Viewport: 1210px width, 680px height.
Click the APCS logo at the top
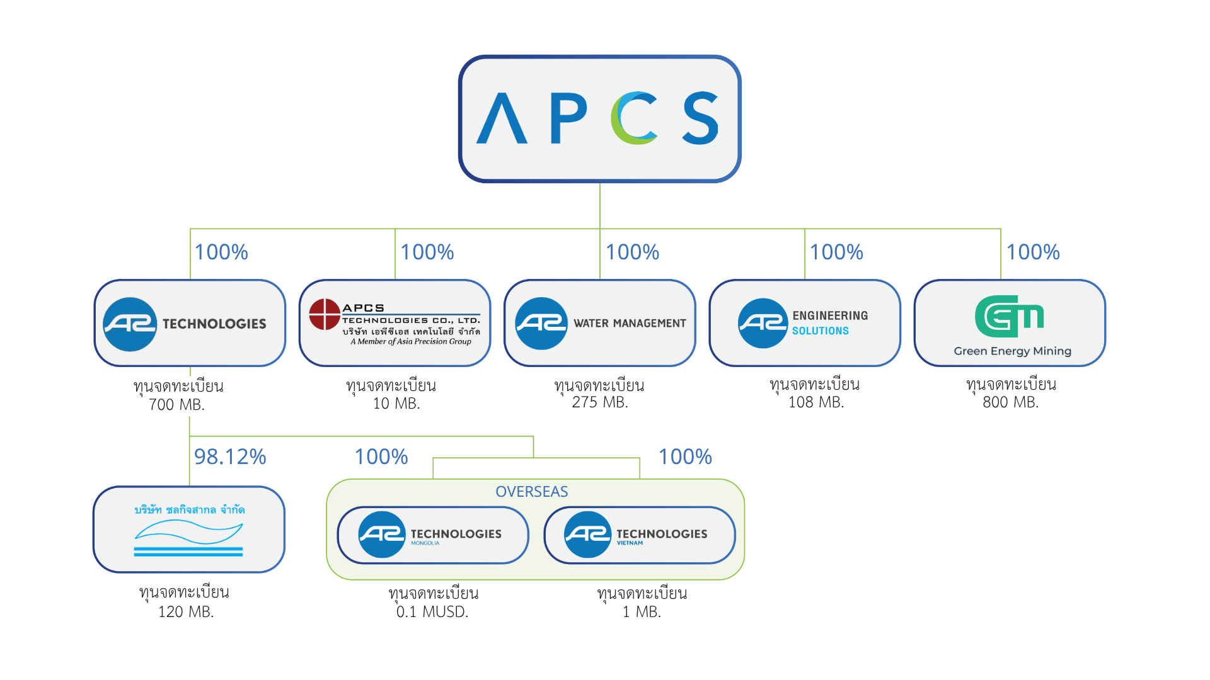point(599,118)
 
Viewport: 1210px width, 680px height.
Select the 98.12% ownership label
point(230,456)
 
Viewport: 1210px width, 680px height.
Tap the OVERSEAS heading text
point(531,492)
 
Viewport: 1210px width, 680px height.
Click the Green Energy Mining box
point(1010,323)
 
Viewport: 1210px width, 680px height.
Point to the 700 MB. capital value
point(176,405)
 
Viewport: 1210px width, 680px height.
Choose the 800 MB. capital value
point(1010,402)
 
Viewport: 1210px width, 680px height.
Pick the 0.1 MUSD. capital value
point(432,611)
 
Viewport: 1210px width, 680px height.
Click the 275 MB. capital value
point(600,402)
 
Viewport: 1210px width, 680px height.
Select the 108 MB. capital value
point(816,402)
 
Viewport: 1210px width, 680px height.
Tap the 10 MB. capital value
point(396,404)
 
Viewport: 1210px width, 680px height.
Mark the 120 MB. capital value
point(186,611)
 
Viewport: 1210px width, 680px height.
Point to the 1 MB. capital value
point(642,611)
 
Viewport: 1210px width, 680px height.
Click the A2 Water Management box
point(600,323)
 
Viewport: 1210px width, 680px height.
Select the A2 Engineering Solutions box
point(805,323)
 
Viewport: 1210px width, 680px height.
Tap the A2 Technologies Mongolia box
point(433,535)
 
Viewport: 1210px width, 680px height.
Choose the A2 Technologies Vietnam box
point(640,535)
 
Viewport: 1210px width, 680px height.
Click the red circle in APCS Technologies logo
point(325,314)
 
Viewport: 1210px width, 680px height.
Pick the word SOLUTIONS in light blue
point(821,331)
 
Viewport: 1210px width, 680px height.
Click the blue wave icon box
point(189,530)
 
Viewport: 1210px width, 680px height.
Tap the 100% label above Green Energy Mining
point(1033,252)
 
